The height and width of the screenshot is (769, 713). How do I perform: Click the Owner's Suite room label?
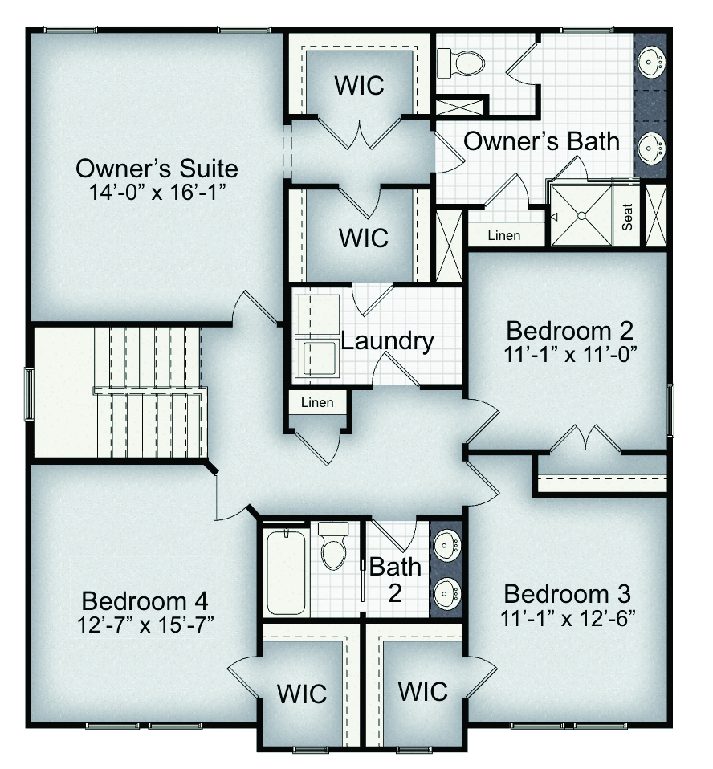157,169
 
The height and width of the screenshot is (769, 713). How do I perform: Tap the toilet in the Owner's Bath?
460,63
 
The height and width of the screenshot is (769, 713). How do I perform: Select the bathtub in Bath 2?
286,572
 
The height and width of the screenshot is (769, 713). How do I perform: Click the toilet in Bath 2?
333,545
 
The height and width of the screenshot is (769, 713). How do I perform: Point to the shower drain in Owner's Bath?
581,215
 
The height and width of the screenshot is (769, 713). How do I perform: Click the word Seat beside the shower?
626,218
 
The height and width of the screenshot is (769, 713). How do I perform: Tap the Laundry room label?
388,341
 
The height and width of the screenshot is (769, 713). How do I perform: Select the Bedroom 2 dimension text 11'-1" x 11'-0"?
570,355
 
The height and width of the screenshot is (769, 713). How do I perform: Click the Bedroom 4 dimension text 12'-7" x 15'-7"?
146,625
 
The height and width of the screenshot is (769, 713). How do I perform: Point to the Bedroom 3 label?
567,594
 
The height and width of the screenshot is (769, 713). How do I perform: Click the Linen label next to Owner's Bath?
504,235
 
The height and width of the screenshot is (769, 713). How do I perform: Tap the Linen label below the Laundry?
317,403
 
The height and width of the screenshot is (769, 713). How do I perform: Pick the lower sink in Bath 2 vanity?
447,593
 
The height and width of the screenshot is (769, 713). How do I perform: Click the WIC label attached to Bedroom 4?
302,694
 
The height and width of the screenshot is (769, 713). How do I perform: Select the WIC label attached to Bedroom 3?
422,691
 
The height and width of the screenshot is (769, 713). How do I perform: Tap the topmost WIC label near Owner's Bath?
359,85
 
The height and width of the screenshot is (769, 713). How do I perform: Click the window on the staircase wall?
29,394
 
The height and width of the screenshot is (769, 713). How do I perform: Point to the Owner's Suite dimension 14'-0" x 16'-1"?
157,193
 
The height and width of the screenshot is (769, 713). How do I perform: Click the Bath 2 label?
395,580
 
